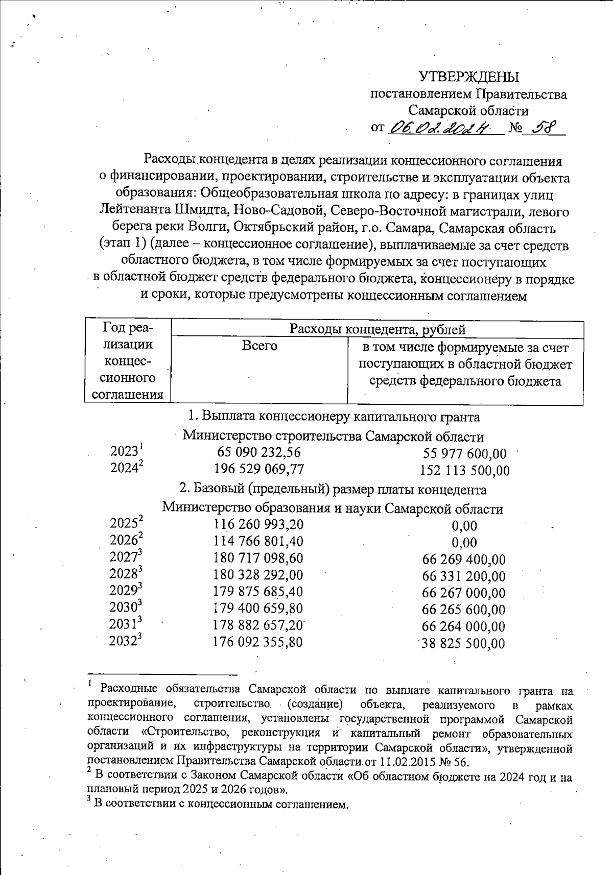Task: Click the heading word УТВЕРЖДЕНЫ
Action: (x=468, y=77)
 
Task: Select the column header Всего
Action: (x=259, y=346)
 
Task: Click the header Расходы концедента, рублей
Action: (x=377, y=329)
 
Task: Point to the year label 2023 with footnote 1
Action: (x=126, y=452)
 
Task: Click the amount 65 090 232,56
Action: (x=259, y=453)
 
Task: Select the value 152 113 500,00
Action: (x=464, y=471)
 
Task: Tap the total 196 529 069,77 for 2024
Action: (x=259, y=469)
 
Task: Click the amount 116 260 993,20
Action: (x=259, y=524)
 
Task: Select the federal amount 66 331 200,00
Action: (x=464, y=576)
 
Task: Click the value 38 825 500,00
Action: (x=463, y=643)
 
